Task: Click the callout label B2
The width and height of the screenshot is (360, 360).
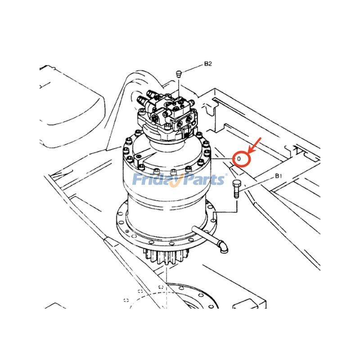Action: [207, 64]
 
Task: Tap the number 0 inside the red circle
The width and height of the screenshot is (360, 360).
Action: [239, 158]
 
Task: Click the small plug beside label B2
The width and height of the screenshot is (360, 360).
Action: [179, 73]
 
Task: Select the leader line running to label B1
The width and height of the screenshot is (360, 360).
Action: [259, 183]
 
